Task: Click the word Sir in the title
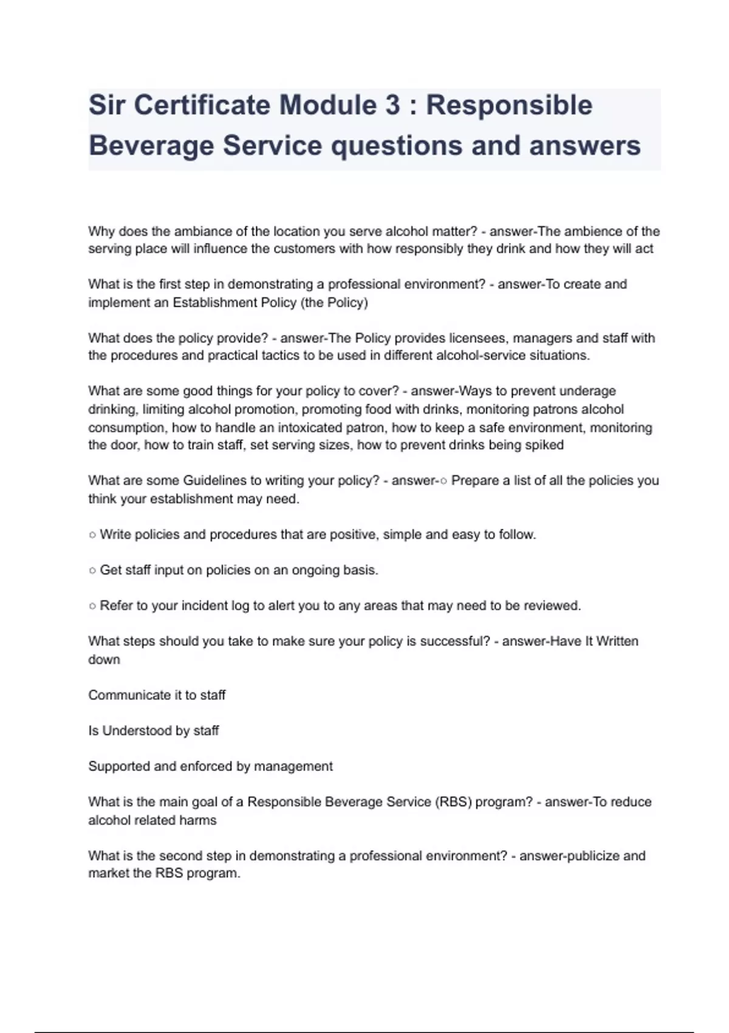(107, 105)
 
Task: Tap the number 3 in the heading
(392, 105)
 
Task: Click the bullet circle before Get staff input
(92, 571)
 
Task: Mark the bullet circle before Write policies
(92, 535)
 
